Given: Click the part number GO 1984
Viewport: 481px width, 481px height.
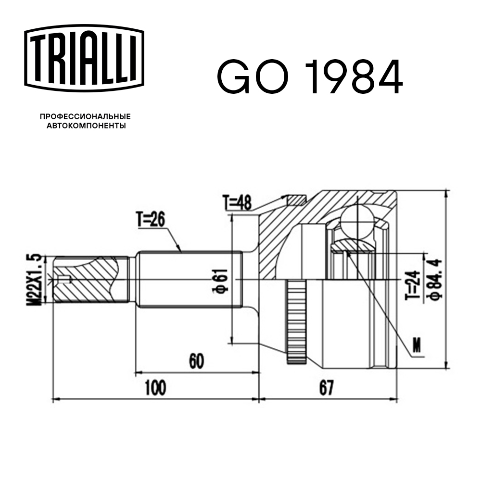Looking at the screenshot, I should pyautogui.click(x=309, y=77).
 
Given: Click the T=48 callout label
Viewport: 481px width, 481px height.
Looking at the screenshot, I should pyautogui.click(x=237, y=203).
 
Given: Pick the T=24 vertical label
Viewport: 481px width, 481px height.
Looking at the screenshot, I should pyautogui.click(x=413, y=285).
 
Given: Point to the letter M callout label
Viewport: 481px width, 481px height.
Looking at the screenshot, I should pyautogui.click(x=417, y=344).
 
